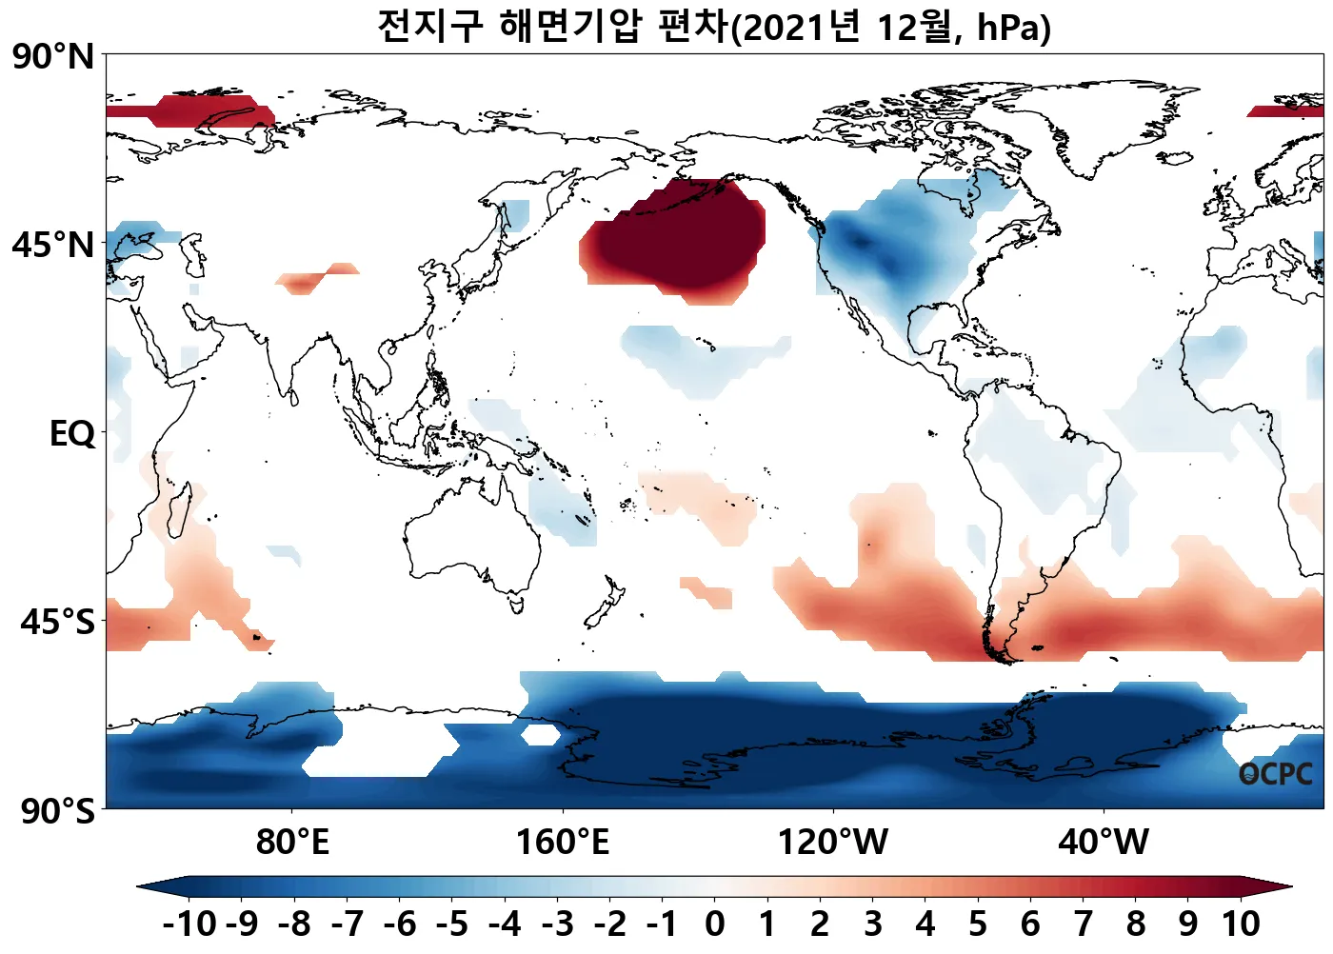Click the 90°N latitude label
(x=53, y=56)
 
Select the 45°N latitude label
(x=53, y=245)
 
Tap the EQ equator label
(x=72, y=434)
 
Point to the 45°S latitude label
(x=57, y=622)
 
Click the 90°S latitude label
(x=57, y=811)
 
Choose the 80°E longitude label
(x=292, y=843)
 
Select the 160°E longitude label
(x=562, y=843)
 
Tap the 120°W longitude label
(x=833, y=843)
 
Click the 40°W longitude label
(x=1104, y=843)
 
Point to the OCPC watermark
(x=1275, y=774)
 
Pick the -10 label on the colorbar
(x=189, y=924)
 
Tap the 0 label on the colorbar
(x=715, y=924)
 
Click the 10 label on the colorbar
(x=1241, y=924)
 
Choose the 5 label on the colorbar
(x=978, y=924)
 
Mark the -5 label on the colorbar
(x=452, y=924)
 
